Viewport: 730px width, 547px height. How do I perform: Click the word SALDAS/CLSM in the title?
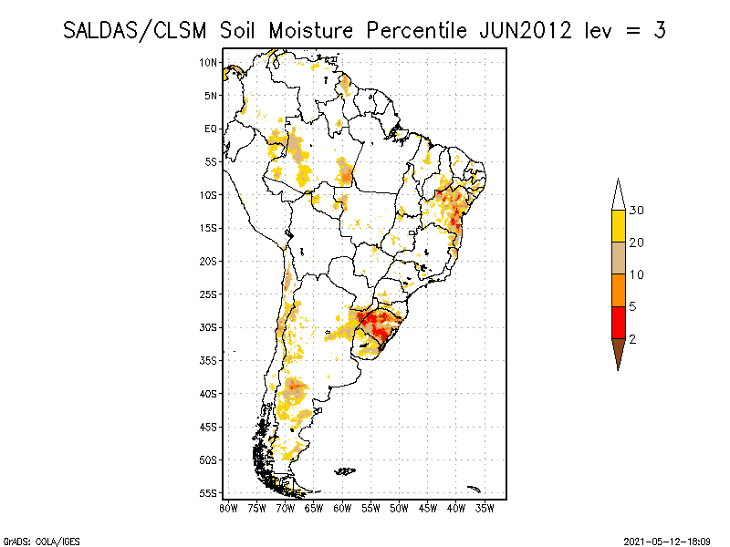137,29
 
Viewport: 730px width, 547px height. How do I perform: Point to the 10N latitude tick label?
209,62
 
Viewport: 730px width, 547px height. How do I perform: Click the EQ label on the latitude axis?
211,129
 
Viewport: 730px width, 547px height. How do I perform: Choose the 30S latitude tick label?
209,327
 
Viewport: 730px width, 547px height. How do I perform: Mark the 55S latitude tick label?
209,493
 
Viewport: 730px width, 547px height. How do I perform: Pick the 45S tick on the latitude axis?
209,427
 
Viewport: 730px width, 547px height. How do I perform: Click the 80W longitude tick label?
229,507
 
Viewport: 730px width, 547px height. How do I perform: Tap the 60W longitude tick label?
343,507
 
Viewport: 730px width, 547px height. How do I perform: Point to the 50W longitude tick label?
400,507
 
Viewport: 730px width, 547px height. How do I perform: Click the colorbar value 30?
638,211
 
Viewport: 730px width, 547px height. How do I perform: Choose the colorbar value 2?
632,338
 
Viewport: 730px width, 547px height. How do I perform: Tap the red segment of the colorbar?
619,322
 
